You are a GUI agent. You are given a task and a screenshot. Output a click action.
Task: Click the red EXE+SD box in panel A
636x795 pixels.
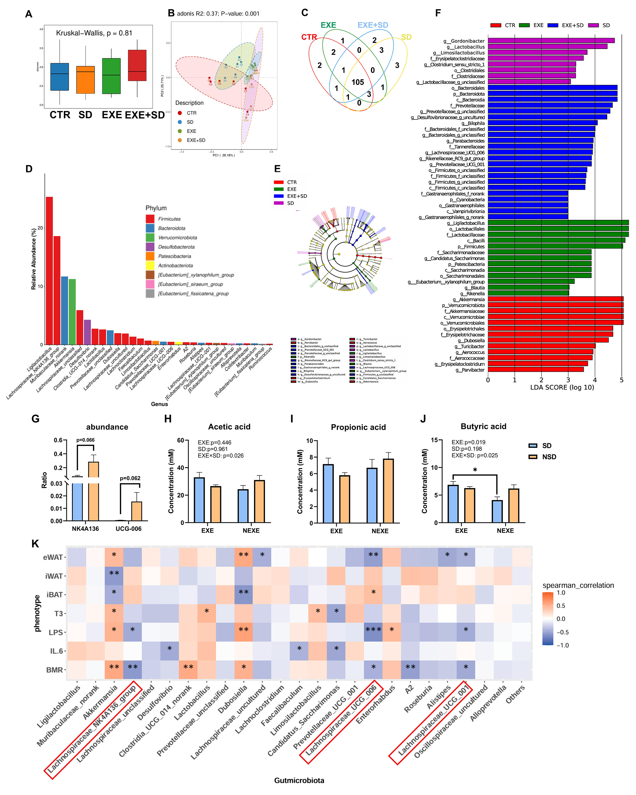click(137, 65)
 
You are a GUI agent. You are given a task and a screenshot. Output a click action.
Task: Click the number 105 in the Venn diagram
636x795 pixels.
click(357, 82)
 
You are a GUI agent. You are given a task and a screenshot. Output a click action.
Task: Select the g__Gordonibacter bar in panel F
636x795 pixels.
click(551, 41)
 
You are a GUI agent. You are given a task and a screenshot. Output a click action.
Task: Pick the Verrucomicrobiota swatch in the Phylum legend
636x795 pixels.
click(150, 237)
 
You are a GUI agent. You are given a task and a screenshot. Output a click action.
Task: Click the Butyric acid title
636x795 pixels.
click(483, 426)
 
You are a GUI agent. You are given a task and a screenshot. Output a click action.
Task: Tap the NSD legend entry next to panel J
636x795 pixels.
click(549, 457)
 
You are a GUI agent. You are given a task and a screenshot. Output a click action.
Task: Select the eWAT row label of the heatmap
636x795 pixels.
click(53, 557)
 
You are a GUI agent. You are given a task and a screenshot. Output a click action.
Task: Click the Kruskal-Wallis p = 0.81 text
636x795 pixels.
click(94, 33)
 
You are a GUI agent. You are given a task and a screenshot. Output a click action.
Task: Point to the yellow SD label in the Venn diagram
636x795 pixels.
click(406, 37)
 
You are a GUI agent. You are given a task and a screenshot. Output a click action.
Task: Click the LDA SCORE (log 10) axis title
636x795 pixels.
click(562, 387)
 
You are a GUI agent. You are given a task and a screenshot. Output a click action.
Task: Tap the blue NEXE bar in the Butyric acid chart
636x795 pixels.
click(497, 511)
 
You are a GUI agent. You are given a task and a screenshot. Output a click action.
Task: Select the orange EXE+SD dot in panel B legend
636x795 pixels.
click(180, 140)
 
